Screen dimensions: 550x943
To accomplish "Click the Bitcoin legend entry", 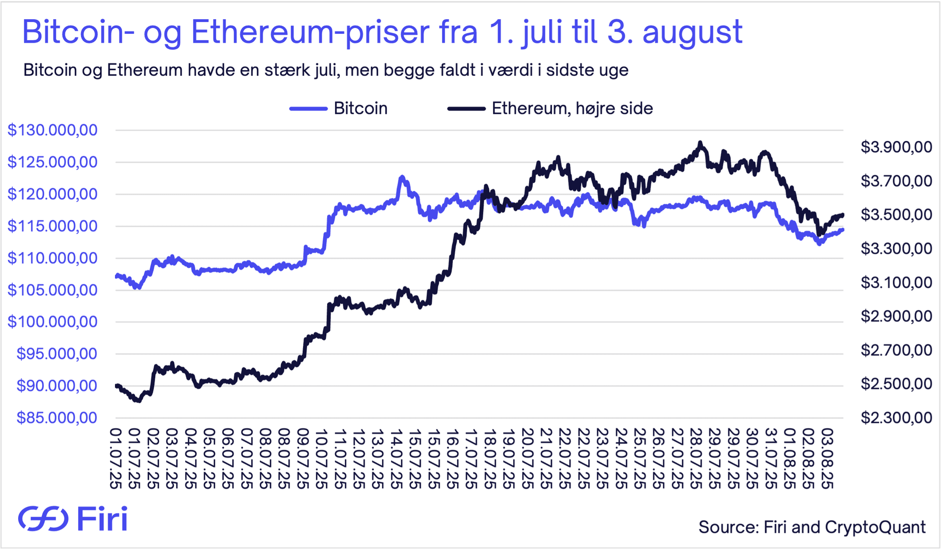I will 360,109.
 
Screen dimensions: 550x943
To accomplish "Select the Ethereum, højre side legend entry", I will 572,109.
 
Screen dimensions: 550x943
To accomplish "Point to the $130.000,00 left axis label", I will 53,130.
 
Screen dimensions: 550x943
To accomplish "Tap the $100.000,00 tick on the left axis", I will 53,322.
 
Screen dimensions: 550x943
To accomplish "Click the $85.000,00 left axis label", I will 57,417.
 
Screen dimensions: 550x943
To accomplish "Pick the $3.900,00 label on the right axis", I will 896,147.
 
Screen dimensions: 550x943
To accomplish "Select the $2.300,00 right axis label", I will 896,417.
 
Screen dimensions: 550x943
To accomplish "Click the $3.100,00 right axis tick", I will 896,282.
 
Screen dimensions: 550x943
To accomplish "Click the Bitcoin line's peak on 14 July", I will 402,177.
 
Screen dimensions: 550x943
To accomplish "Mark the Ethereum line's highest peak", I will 700,143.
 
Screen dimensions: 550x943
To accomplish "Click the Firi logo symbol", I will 43,519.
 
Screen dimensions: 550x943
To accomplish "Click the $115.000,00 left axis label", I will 53,226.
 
